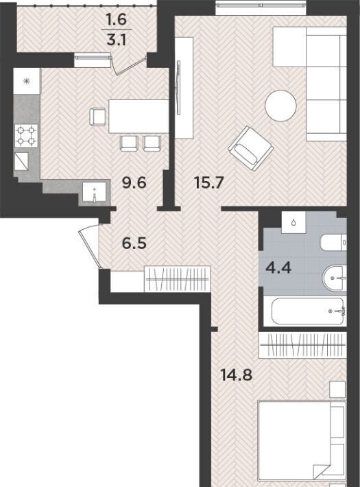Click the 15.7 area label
(x=208, y=182)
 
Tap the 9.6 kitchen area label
(x=134, y=182)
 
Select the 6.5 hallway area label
(x=134, y=243)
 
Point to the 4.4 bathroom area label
(x=278, y=268)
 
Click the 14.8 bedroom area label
(x=237, y=375)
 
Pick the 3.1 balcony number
(x=117, y=40)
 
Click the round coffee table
(x=280, y=106)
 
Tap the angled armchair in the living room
(x=251, y=148)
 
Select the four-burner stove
(x=26, y=136)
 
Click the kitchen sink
(x=95, y=193)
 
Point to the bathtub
(x=307, y=311)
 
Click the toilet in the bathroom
(x=333, y=243)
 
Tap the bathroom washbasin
(x=335, y=278)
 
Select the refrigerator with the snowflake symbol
(x=27, y=81)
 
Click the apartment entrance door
(x=90, y=247)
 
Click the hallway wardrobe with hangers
(x=177, y=278)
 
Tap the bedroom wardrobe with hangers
(x=302, y=345)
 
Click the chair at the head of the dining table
(x=97, y=117)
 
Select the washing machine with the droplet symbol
(x=293, y=222)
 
